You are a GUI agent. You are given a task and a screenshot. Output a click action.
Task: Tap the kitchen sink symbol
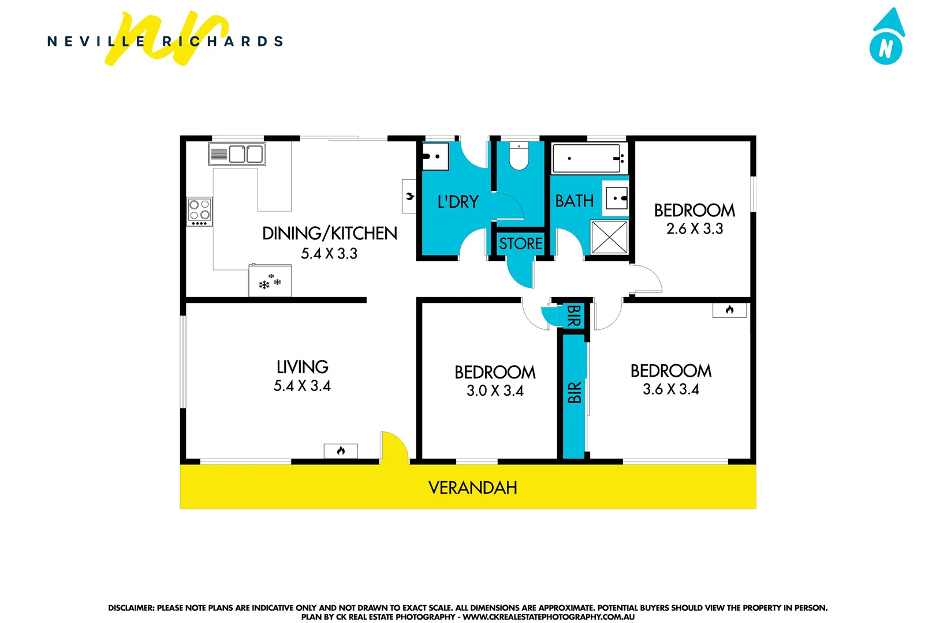pyautogui.click(x=237, y=154)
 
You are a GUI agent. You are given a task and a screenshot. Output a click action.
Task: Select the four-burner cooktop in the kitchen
pyautogui.click(x=200, y=211)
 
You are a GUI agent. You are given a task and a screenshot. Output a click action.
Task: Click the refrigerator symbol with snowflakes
pyautogui.click(x=270, y=281)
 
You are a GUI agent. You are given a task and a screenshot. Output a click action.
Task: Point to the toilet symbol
pyautogui.click(x=519, y=156)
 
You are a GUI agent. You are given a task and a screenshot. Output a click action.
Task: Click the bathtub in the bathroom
pyautogui.click(x=588, y=158)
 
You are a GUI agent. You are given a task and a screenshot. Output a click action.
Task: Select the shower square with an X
pyautogui.click(x=609, y=237)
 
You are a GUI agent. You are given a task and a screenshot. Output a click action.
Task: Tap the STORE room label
pyautogui.click(x=520, y=243)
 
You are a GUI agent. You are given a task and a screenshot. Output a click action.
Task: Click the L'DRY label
pyautogui.click(x=458, y=202)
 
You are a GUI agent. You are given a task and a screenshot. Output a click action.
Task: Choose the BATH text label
pyautogui.click(x=574, y=201)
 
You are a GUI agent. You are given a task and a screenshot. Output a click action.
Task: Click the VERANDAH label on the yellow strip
pyautogui.click(x=472, y=488)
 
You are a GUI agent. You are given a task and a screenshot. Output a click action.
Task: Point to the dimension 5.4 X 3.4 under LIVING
pyautogui.click(x=302, y=386)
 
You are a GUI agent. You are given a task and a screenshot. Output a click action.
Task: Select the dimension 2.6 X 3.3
pyautogui.click(x=694, y=229)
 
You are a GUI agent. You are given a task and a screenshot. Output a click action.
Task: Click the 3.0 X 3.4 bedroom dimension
pyautogui.click(x=495, y=391)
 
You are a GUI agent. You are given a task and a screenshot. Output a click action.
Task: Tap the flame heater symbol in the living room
pyautogui.click(x=341, y=451)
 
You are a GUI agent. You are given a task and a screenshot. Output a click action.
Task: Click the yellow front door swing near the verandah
pyautogui.click(x=394, y=447)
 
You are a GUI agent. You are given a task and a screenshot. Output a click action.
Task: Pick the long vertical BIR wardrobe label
pyautogui.click(x=574, y=392)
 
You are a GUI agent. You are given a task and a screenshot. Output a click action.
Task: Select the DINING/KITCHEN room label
pyautogui.click(x=329, y=233)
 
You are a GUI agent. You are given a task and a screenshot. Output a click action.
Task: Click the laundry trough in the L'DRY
pyautogui.click(x=435, y=156)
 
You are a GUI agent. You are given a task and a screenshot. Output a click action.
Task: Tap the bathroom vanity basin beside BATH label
pyautogui.click(x=617, y=198)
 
